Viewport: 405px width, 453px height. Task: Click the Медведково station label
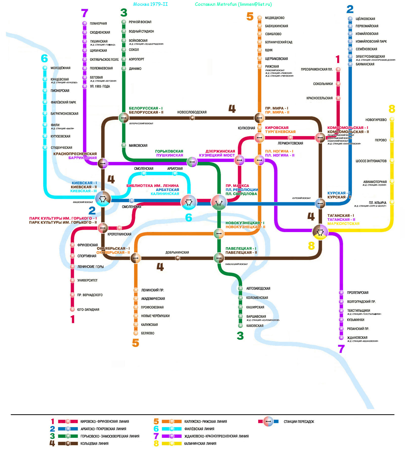point(274,18)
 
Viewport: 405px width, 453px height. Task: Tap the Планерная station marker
point(85,23)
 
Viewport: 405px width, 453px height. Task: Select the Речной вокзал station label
point(140,22)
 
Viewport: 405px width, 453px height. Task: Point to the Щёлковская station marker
point(350,19)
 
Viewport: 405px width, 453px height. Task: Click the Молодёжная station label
point(60,68)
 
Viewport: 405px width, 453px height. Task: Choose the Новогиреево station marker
point(392,119)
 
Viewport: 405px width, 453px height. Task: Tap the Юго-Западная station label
point(88,310)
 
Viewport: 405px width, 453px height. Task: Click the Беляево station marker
point(136,333)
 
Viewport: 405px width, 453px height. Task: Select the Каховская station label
point(255,326)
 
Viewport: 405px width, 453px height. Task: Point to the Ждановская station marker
point(341,338)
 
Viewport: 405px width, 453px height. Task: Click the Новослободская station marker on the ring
point(192,118)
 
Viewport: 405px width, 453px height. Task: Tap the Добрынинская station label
point(177,253)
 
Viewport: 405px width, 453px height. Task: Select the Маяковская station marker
point(124,145)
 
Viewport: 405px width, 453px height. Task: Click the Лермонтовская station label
point(290,143)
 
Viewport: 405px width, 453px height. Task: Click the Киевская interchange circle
point(103,199)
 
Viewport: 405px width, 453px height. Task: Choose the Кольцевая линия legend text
point(94,444)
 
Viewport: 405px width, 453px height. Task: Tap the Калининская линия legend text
point(200,444)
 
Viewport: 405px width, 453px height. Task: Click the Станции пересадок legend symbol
point(268,422)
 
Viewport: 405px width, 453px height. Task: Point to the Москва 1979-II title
point(150,4)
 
